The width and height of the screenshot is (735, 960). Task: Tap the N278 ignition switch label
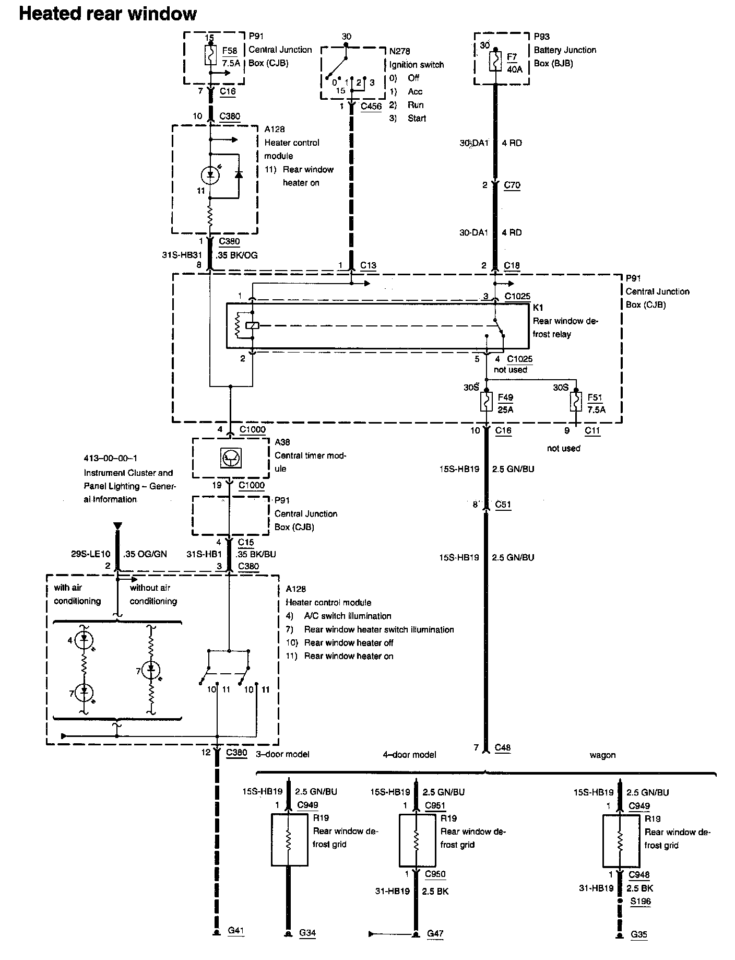399,51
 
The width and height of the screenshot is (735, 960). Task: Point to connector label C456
371,106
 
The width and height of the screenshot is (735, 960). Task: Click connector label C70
512,185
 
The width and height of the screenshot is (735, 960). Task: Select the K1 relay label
538,308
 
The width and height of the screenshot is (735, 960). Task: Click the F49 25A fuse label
505,403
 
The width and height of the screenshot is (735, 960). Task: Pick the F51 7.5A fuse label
596,403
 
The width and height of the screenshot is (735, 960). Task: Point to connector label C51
503,505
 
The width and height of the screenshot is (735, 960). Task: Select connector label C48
502,748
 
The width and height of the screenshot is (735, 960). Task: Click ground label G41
235,930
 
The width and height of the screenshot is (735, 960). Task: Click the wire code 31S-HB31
181,255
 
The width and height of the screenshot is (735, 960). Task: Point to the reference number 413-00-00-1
111,459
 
